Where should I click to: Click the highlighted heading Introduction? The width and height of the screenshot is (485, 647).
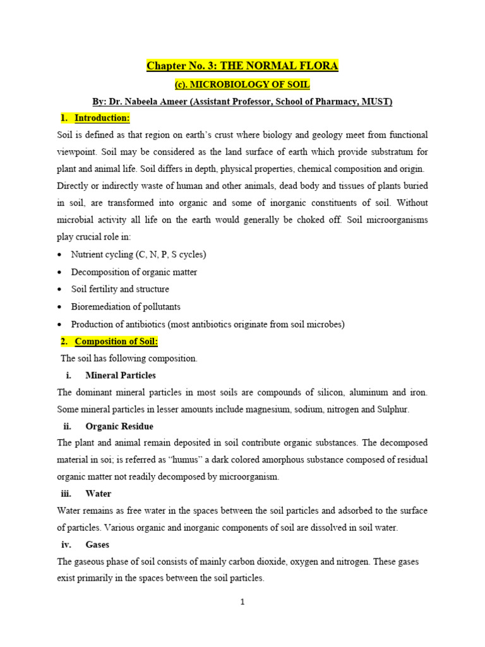tap(102, 118)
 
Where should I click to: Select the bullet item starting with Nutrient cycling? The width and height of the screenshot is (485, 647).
tap(139, 254)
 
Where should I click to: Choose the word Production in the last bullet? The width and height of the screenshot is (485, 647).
tap(93, 324)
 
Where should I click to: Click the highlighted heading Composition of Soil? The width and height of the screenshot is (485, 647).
tap(116, 341)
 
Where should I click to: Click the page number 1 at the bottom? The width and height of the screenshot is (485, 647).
tap(242, 602)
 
